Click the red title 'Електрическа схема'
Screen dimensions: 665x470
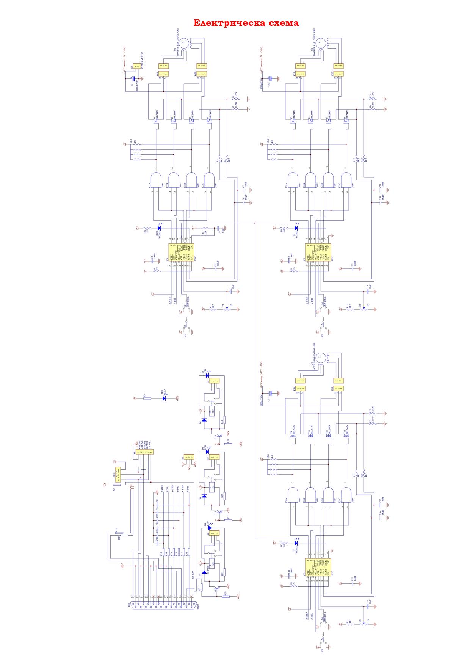pyautogui.click(x=246, y=23)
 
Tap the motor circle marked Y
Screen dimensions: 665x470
pyautogui.click(x=321, y=43)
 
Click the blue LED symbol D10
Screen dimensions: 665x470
pyautogui.click(x=164, y=398)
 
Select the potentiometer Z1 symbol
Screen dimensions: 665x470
pyautogui.click(x=226, y=309)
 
